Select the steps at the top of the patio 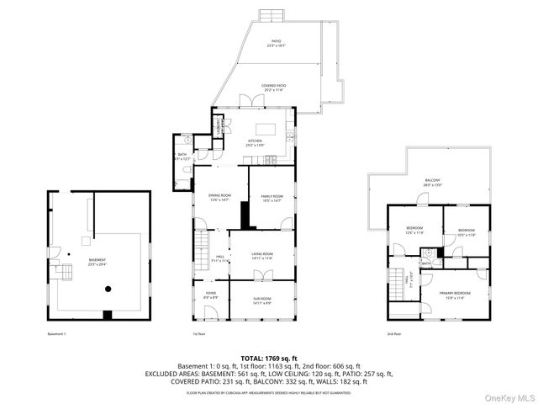tap(271, 16)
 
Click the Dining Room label tap(219, 197)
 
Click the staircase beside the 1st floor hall tap(202, 249)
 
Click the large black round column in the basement tap(108, 289)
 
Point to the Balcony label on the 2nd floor tap(432, 183)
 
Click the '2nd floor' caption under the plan tap(393, 334)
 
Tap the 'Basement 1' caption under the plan tap(57, 334)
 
